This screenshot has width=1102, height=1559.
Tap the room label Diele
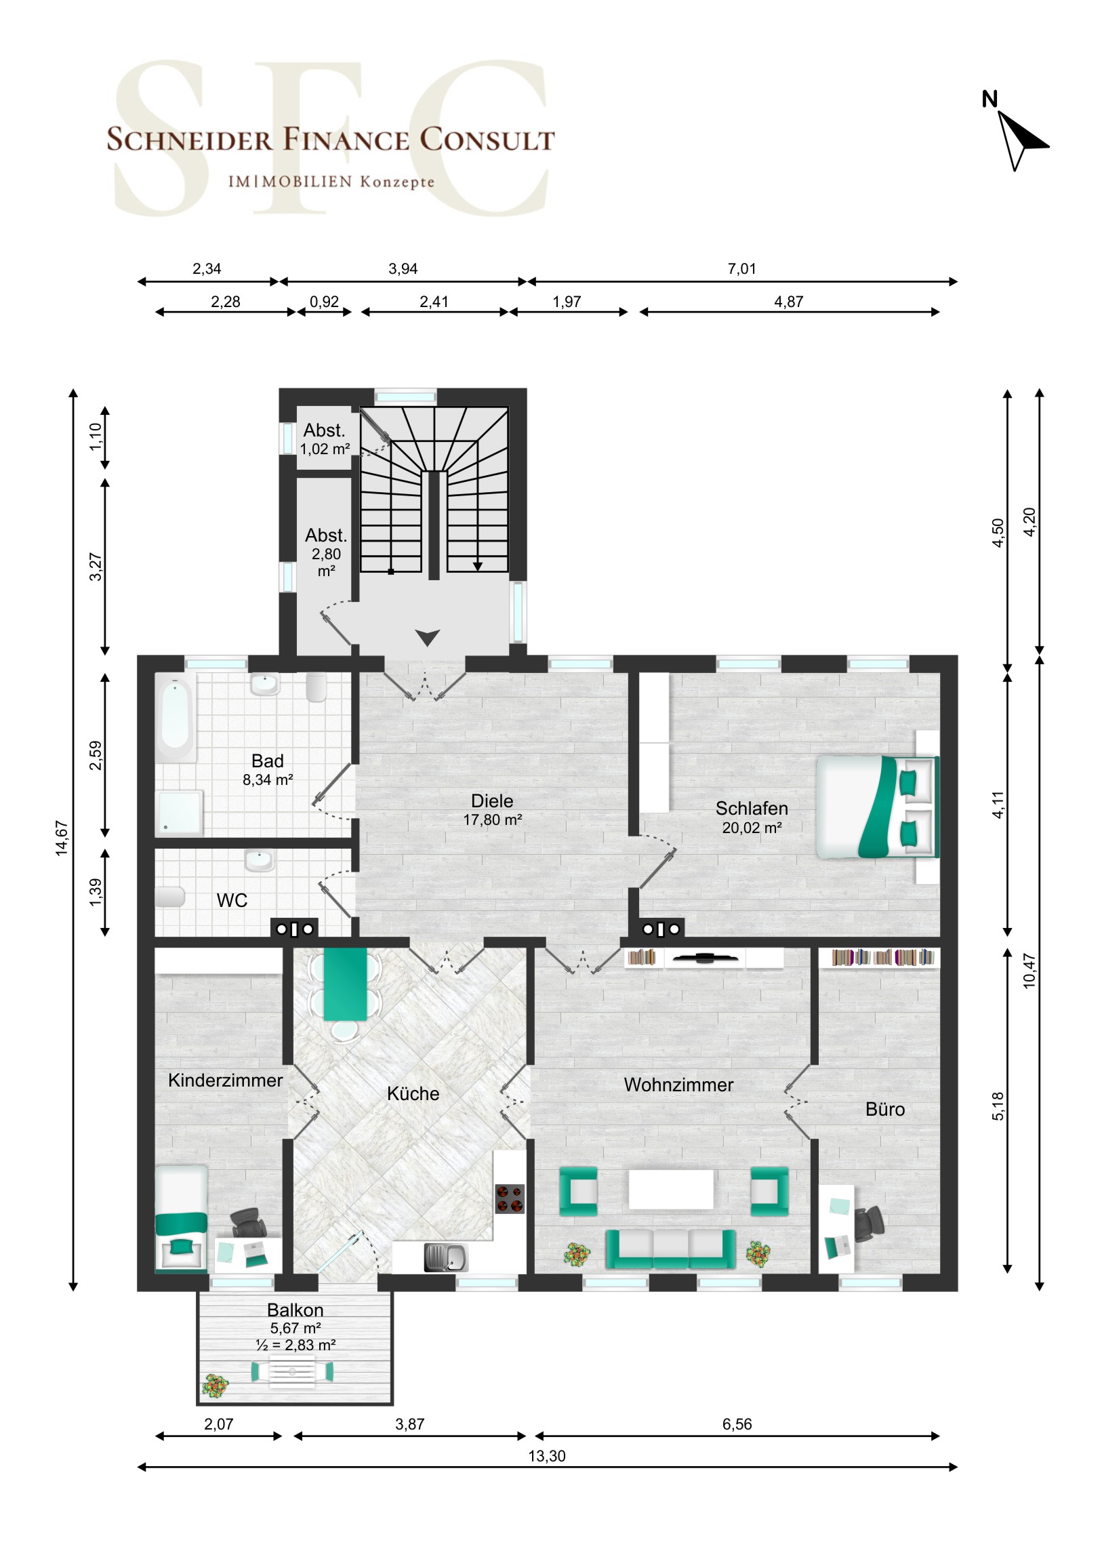click(x=491, y=801)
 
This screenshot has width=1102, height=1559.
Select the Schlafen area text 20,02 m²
click(x=752, y=828)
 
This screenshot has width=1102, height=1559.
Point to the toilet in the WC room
click(x=169, y=897)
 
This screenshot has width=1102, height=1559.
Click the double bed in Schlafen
click(x=877, y=807)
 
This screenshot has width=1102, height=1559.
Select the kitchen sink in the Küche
click(x=445, y=1257)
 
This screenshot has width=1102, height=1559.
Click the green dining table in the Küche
click(x=345, y=984)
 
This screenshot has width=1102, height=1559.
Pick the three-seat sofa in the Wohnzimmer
click(x=670, y=1249)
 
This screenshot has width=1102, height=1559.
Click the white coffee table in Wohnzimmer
click(x=671, y=1189)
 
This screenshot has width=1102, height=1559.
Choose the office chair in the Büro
click(x=868, y=1223)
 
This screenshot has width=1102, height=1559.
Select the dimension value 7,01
click(x=741, y=269)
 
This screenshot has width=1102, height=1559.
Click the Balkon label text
click(x=295, y=1310)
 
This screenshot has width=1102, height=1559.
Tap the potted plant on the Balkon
click(x=216, y=1386)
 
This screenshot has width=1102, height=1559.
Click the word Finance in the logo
click(x=346, y=139)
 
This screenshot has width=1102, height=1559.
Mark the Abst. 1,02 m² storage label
click(x=325, y=439)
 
